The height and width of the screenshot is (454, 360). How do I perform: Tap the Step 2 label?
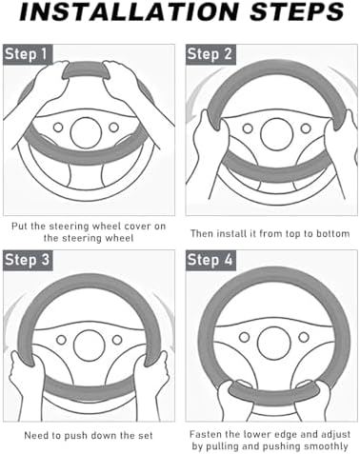pyautogui.click(x=210, y=54)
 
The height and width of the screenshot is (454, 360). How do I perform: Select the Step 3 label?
pyautogui.click(x=28, y=260)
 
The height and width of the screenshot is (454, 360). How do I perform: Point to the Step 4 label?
pyautogui.click(x=210, y=260)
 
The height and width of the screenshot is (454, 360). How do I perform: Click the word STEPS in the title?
pyautogui.click(x=297, y=11)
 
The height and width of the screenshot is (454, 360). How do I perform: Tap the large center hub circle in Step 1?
pyautogui.click(x=86, y=132)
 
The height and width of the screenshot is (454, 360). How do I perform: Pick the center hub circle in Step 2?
pyautogui.click(x=276, y=133)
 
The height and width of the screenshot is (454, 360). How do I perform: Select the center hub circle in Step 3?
pyautogui.click(x=89, y=345)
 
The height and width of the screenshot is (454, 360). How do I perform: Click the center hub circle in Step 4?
pyautogui.click(x=274, y=344)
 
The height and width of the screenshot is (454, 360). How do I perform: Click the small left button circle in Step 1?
pyautogui.click(x=58, y=128)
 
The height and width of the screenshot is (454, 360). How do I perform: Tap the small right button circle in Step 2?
pyautogui.click(x=306, y=128)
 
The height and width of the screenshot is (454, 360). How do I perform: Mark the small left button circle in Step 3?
pyautogui.click(x=61, y=340)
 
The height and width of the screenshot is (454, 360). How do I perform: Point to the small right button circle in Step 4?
pyautogui.click(x=304, y=337)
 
